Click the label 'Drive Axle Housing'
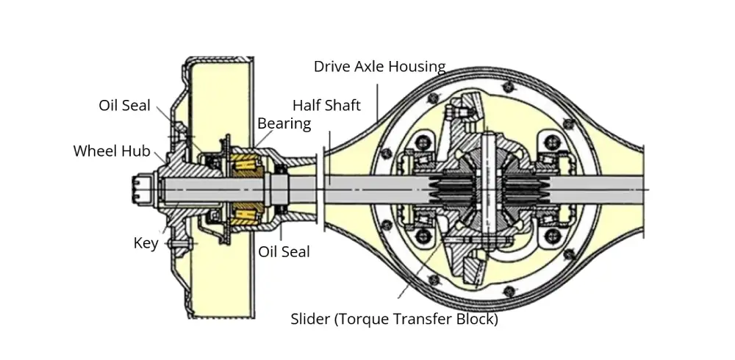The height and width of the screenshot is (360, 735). [x=379, y=67]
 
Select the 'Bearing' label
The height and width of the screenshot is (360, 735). [x=284, y=123]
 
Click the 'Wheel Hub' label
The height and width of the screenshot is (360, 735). [x=112, y=151]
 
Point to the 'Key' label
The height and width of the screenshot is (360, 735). [x=146, y=243]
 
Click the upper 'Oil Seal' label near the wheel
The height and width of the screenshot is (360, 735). [x=124, y=105]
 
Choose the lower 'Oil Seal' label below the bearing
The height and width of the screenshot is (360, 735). [x=284, y=251]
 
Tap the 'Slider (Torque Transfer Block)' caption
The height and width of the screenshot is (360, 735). [x=394, y=320]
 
